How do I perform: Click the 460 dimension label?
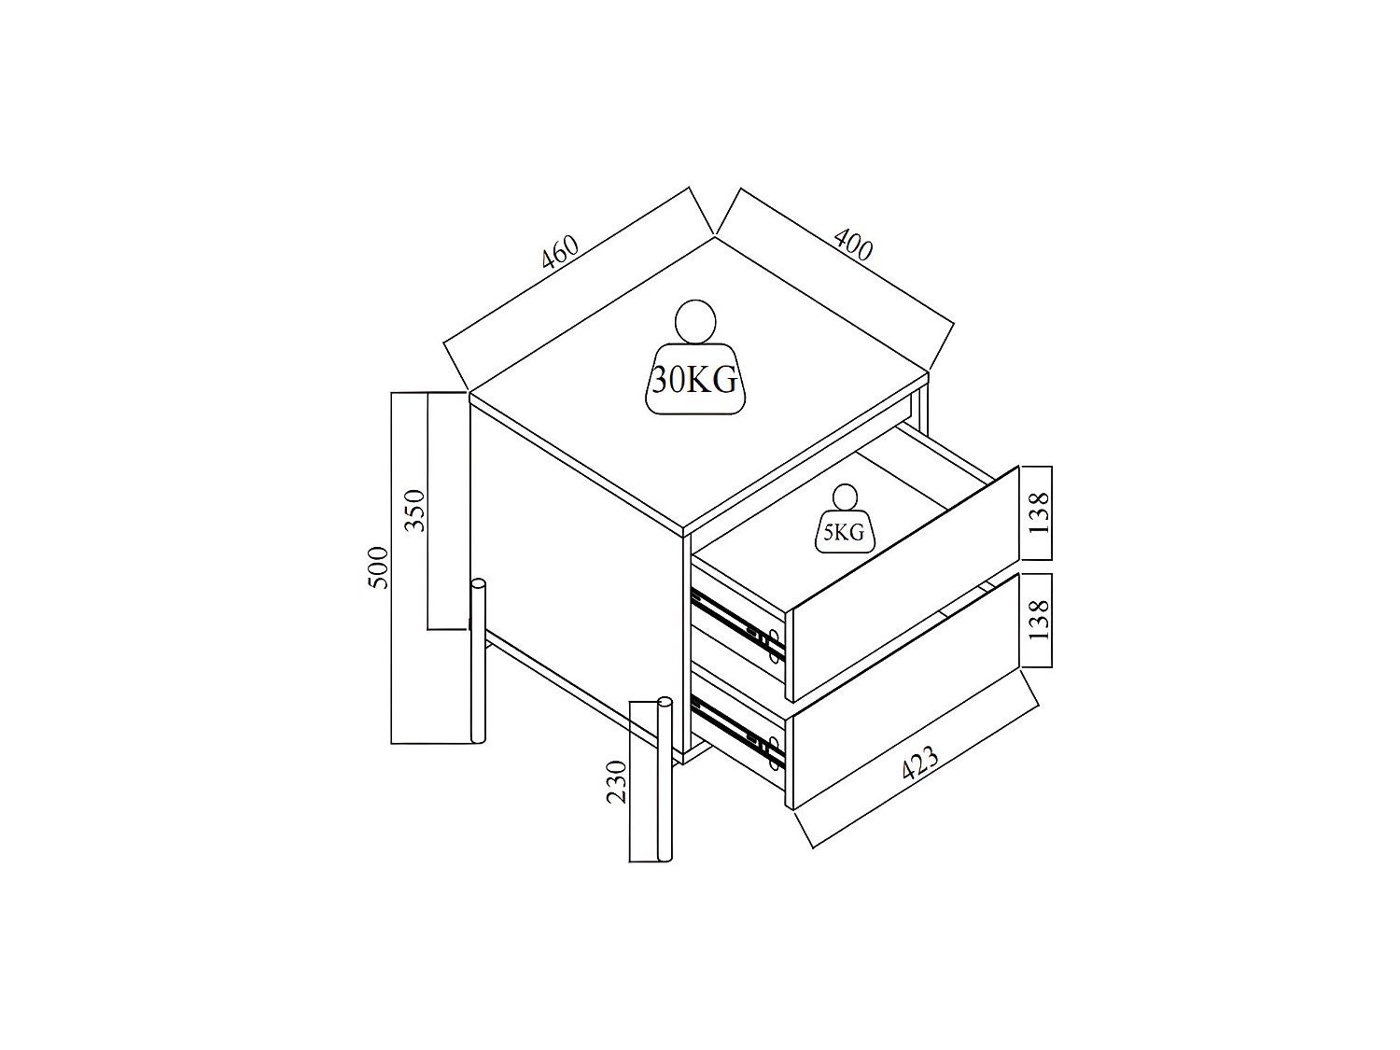560,252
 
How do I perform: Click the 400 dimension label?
853,245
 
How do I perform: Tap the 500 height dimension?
378,567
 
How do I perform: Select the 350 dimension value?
415,511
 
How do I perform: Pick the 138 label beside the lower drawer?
1038,619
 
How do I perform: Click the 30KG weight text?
695,381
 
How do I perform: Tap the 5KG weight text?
844,534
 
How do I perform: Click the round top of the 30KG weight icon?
696,322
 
